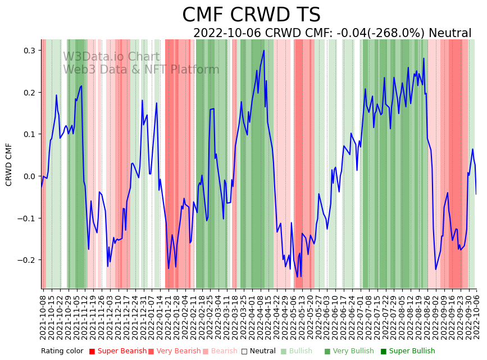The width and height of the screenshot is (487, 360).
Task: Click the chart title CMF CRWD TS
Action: click(x=251, y=15)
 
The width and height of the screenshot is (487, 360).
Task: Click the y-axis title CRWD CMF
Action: click(x=9, y=164)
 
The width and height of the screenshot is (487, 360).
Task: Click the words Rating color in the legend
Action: click(x=62, y=352)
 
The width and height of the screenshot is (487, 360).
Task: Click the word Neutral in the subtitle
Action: click(x=450, y=33)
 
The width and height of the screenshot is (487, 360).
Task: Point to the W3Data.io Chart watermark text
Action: click(x=111, y=57)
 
